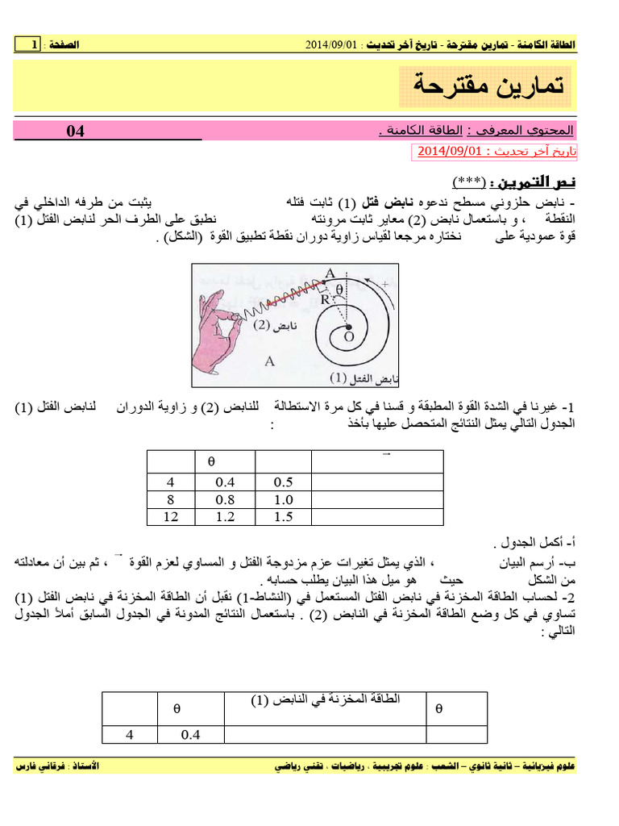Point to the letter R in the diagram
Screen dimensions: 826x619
pyautogui.click(x=323, y=299)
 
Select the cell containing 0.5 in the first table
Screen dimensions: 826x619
pyautogui.click(x=283, y=482)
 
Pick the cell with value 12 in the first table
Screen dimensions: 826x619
pyautogui.click(x=171, y=517)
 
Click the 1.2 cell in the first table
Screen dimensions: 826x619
pyautogui.click(x=226, y=517)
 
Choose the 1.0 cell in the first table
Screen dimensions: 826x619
pyautogui.click(x=283, y=500)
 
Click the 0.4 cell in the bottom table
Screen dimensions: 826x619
pyautogui.click(x=190, y=734)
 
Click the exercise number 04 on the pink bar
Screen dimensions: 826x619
pyautogui.click(x=75, y=131)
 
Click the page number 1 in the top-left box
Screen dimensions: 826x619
pyautogui.click(x=34, y=44)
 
